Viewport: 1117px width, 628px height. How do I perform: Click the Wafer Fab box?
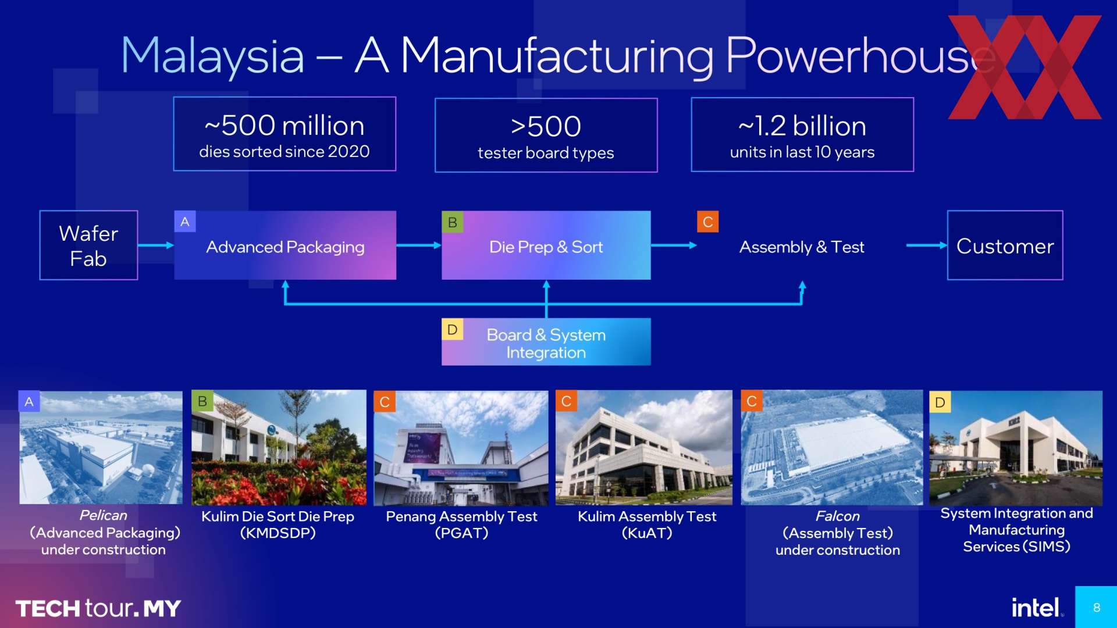[88, 245]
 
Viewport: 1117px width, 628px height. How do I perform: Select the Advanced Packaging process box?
[285, 245]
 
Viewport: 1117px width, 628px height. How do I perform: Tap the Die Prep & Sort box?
[546, 245]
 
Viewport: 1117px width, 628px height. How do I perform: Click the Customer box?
[1005, 245]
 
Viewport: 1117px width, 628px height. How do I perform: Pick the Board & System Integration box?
[546, 342]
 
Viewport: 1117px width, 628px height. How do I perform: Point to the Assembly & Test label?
[802, 247]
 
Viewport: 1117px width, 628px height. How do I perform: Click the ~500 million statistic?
[284, 134]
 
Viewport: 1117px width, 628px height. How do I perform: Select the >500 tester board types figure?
[546, 135]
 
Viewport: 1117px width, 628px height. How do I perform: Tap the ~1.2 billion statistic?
[802, 135]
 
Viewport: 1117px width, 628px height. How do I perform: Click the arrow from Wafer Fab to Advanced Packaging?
[156, 245]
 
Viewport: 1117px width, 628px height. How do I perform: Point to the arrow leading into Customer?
[927, 245]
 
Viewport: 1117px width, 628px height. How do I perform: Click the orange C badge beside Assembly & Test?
[707, 222]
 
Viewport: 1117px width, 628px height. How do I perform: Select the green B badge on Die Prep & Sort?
[452, 222]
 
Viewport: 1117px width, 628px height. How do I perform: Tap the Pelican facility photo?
[101, 447]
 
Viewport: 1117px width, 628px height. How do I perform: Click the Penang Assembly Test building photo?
[461, 448]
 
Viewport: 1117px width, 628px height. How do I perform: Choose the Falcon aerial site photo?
[832, 448]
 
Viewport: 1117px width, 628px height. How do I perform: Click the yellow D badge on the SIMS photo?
[940, 402]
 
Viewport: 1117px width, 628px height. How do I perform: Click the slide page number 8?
[1097, 608]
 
